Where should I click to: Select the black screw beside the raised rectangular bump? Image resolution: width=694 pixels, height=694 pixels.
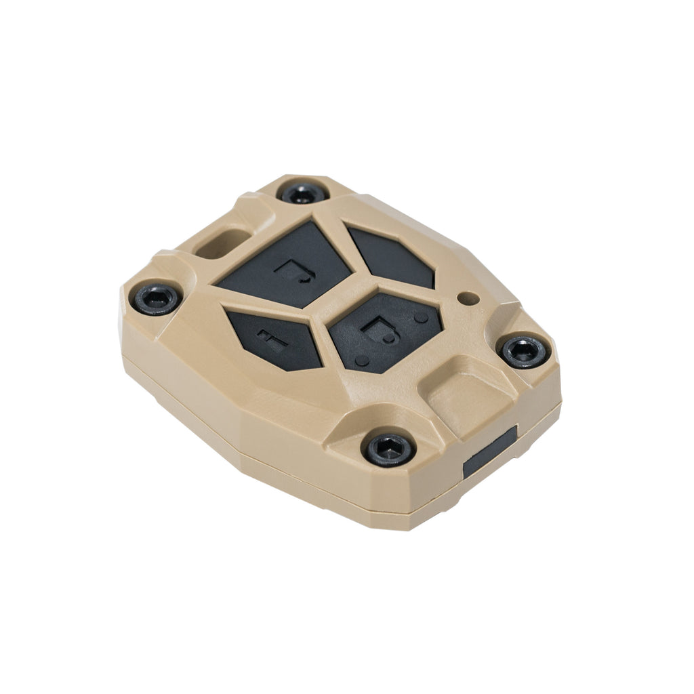pyautogui.click(x=523, y=350)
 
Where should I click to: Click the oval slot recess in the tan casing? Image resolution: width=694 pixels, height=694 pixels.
pyautogui.click(x=220, y=241)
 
